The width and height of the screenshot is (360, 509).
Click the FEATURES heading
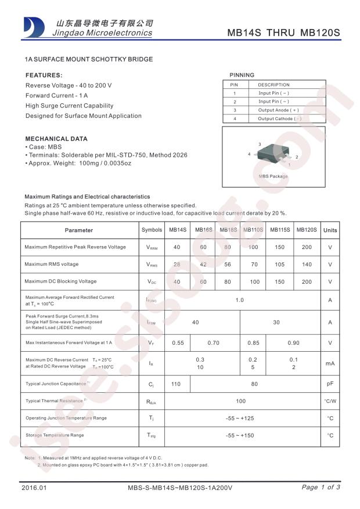tap(44, 75)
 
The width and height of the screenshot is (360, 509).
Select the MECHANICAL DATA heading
tap(56, 139)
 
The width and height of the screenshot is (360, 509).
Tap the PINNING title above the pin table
tap(242, 75)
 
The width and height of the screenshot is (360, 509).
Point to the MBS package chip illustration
tap(273, 154)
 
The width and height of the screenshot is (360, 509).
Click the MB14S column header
tap(178, 230)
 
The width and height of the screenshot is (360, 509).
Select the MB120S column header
tap(307, 230)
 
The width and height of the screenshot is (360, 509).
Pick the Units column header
tap(330, 230)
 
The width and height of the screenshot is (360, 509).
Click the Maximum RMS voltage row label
tap(52, 264)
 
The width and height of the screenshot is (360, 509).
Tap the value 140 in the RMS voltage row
tap(307, 264)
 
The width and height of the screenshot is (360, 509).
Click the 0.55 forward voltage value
tap(178, 342)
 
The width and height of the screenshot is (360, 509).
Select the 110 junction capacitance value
tap(178, 384)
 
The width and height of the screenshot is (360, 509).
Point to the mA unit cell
tap(330, 363)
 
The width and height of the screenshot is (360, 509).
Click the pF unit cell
tap(330, 384)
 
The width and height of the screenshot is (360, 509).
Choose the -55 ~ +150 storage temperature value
tap(240, 435)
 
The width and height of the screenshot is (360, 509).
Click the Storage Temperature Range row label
tap(55, 435)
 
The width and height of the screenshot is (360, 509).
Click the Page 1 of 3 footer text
tap(321, 487)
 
